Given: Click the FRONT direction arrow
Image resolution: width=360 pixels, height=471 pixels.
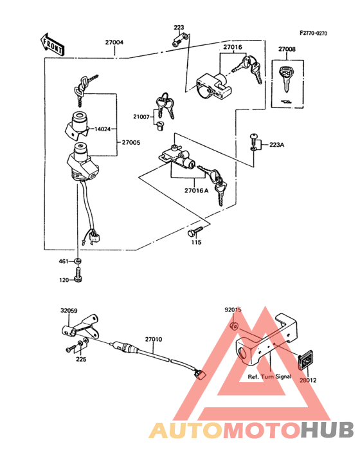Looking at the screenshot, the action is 51,44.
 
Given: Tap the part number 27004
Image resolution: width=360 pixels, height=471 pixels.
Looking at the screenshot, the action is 114,42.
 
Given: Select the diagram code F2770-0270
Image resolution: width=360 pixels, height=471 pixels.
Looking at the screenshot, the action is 313,33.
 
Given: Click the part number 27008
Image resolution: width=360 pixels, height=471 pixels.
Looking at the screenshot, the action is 287,50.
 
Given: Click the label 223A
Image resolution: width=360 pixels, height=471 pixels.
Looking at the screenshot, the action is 276,145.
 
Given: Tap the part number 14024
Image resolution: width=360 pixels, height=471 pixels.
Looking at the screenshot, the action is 102,129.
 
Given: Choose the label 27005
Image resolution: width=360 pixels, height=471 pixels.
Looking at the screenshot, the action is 130,142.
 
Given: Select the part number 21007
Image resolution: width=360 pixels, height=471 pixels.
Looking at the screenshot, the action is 141,116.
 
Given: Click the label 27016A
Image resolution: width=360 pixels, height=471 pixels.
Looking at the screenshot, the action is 196,190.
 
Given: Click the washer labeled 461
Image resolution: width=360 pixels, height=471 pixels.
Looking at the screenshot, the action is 78,261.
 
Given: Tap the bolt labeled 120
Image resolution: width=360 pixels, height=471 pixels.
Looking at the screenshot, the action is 78,277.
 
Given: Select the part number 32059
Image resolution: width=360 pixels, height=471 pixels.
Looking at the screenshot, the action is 69,311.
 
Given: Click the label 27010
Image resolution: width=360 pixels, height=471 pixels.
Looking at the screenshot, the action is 154,340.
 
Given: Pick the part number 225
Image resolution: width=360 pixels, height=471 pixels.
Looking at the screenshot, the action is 81,359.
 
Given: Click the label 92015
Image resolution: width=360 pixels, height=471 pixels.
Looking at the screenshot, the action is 233,309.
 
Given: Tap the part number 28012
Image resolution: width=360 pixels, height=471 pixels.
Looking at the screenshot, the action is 308,380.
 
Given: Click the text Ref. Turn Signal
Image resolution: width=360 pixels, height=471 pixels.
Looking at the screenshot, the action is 269,376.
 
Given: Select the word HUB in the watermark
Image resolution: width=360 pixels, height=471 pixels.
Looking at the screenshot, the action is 327,430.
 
